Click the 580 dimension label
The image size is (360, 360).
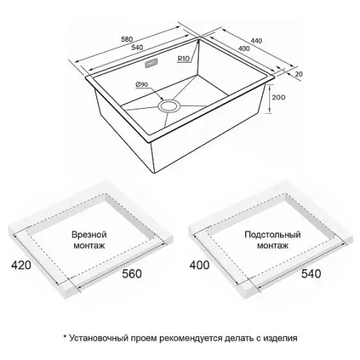click(x=127, y=39)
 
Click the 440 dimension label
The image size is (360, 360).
click(x=256, y=41)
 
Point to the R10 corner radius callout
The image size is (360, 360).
click(x=184, y=58)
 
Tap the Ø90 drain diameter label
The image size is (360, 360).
click(x=142, y=84)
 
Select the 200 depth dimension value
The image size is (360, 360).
click(x=279, y=97)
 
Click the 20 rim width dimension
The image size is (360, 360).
click(x=299, y=74)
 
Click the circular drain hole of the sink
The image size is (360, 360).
click(x=168, y=106)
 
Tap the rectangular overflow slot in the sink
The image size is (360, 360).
click(x=151, y=63)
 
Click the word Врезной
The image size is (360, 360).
click(x=89, y=235)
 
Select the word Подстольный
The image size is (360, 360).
click(x=273, y=235)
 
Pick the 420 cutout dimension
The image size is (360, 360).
click(x=21, y=265)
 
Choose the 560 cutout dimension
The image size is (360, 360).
click(x=132, y=274)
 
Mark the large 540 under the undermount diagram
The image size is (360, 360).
click(x=311, y=274)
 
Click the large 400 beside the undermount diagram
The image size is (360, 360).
click(x=199, y=265)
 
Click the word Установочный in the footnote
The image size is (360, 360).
click(x=99, y=338)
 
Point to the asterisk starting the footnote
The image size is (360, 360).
click(x=65, y=336)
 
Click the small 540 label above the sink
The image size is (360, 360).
click(x=137, y=48)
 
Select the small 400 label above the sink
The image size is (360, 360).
click(x=244, y=49)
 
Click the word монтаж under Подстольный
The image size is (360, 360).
click(x=273, y=246)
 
